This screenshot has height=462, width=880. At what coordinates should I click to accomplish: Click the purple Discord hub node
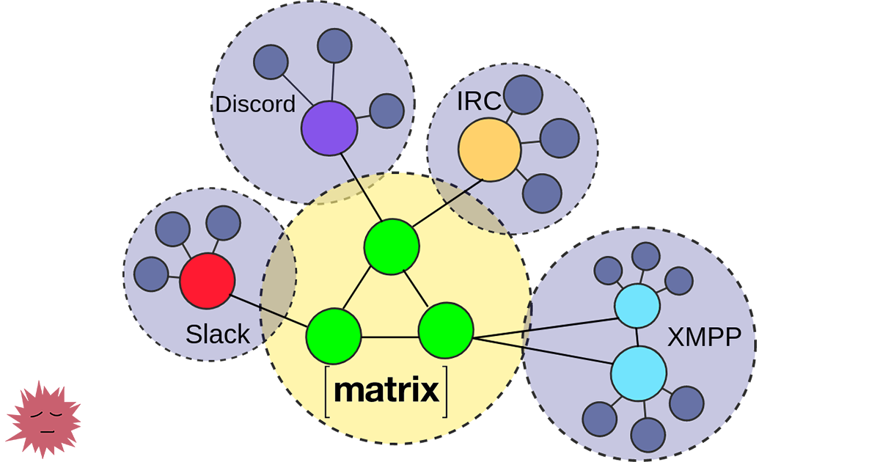coord(329,128)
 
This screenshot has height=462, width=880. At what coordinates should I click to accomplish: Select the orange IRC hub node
coord(489,150)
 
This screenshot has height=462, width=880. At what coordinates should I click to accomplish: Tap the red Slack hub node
coord(208,281)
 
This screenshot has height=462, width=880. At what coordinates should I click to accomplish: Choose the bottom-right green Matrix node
coord(446,331)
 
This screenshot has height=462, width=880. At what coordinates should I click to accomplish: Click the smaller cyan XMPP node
coord(637,307)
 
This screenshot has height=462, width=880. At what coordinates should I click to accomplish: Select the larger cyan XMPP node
coord(639,373)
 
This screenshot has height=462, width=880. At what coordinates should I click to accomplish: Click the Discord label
coord(254,104)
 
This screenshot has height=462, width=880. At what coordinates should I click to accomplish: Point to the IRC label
coord(478,101)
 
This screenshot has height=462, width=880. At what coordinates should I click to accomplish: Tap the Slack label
coord(218,335)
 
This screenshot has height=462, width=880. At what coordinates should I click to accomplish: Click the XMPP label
coord(705,337)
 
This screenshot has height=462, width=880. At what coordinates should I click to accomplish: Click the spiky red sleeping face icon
coord(44,420)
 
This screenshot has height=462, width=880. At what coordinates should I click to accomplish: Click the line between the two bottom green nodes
coord(389,337)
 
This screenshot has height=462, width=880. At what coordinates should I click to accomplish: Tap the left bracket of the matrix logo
coord(327,393)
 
